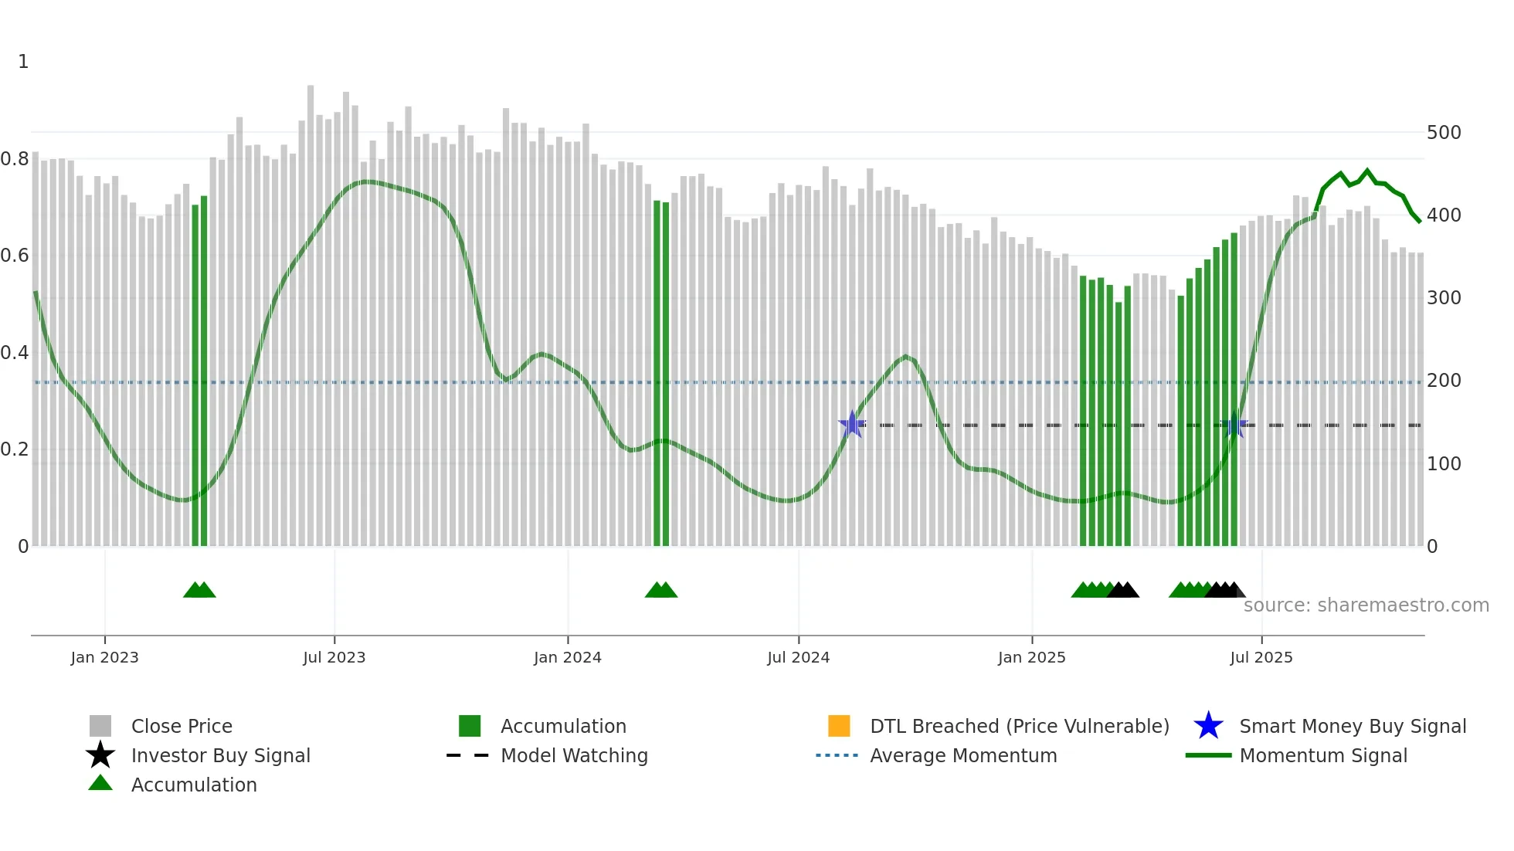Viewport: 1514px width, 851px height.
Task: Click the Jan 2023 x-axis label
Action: point(104,657)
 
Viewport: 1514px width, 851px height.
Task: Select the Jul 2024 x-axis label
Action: point(798,657)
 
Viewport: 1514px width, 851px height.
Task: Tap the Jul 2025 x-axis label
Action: point(1261,657)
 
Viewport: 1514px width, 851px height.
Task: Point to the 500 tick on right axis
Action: point(1444,133)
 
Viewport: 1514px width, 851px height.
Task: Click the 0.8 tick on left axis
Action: point(15,159)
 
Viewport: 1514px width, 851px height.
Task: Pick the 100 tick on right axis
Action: point(1444,464)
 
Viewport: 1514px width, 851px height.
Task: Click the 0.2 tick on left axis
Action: point(15,449)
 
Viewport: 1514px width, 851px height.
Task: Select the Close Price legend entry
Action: point(182,726)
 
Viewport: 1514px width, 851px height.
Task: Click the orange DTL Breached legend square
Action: point(839,726)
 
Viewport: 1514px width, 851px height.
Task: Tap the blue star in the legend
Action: point(1208,726)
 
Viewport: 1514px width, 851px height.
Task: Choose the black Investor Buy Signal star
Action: point(100,755)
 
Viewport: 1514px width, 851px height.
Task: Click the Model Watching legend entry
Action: point(573,755)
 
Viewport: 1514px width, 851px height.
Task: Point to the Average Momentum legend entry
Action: point(962,755)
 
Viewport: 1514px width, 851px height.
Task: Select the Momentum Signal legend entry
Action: point(1322,755)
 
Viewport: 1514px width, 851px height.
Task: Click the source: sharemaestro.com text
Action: point(1366,605)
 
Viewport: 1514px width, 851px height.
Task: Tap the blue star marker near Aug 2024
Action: point(852,424)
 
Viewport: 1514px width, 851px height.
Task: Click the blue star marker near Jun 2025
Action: point(1234,424)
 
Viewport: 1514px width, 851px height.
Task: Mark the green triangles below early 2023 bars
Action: point(199,590)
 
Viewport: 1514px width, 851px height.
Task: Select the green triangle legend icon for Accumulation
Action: point(100,783)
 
